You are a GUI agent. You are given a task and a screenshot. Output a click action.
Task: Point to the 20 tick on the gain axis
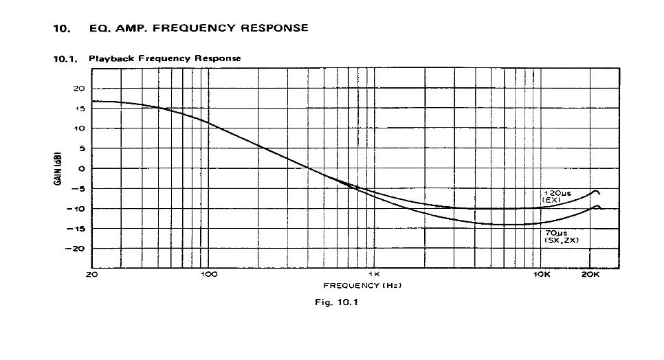click(79, 89)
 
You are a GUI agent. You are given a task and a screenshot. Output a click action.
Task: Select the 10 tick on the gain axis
click(79, 128)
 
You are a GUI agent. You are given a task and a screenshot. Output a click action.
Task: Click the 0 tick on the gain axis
click(81, 168)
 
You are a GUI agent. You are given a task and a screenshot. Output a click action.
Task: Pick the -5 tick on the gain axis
click(78, 188)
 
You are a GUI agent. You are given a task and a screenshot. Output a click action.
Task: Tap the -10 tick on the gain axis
click(77, 208)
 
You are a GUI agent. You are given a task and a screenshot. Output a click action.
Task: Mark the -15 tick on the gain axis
click(77, 228)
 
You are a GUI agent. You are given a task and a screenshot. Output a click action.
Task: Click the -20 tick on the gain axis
click(77, 249)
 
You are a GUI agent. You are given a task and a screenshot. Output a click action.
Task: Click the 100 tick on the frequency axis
click(208, 274)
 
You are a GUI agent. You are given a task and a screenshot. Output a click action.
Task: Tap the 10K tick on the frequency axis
click(542, 274)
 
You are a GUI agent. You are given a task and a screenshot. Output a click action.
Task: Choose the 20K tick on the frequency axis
click(590, 274)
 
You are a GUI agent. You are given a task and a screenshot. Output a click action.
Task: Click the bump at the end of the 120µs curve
click(596, 191)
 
